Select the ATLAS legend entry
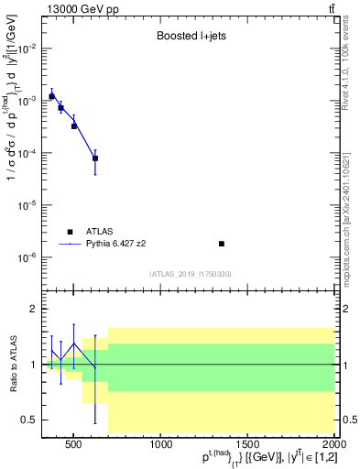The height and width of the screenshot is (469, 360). [97, 232]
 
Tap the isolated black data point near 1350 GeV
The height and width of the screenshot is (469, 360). [222, 244]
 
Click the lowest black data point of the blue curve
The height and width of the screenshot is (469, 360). [95, 158]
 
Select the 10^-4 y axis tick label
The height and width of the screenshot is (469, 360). [27, 154]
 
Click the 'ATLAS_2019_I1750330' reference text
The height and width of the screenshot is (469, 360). [190, 274]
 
